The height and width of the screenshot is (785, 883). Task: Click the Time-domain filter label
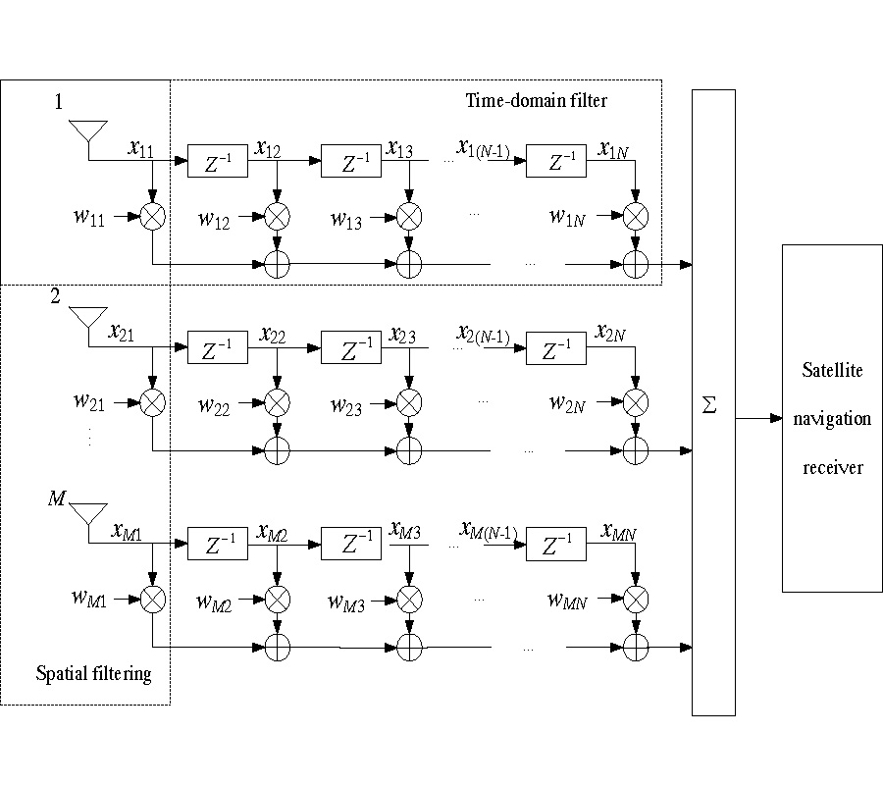(537, 100)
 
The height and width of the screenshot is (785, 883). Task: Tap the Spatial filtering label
(94, 674)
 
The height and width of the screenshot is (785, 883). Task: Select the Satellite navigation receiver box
(832, 418)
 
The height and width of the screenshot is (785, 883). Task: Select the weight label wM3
(347, 603)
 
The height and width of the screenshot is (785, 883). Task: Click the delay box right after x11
(217, 162)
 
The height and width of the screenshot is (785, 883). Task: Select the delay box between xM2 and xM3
(350, 544)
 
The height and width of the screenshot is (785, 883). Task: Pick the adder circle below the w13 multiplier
(409, 264)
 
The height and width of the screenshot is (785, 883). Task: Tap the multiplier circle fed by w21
(153, 401)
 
